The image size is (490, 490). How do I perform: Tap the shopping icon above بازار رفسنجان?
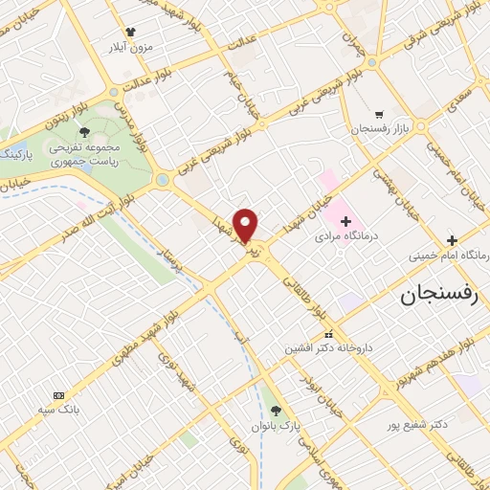point(380,112)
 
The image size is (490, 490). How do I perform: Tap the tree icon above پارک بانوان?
point(276,411)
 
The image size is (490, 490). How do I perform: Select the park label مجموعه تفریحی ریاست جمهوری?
point(84,156)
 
